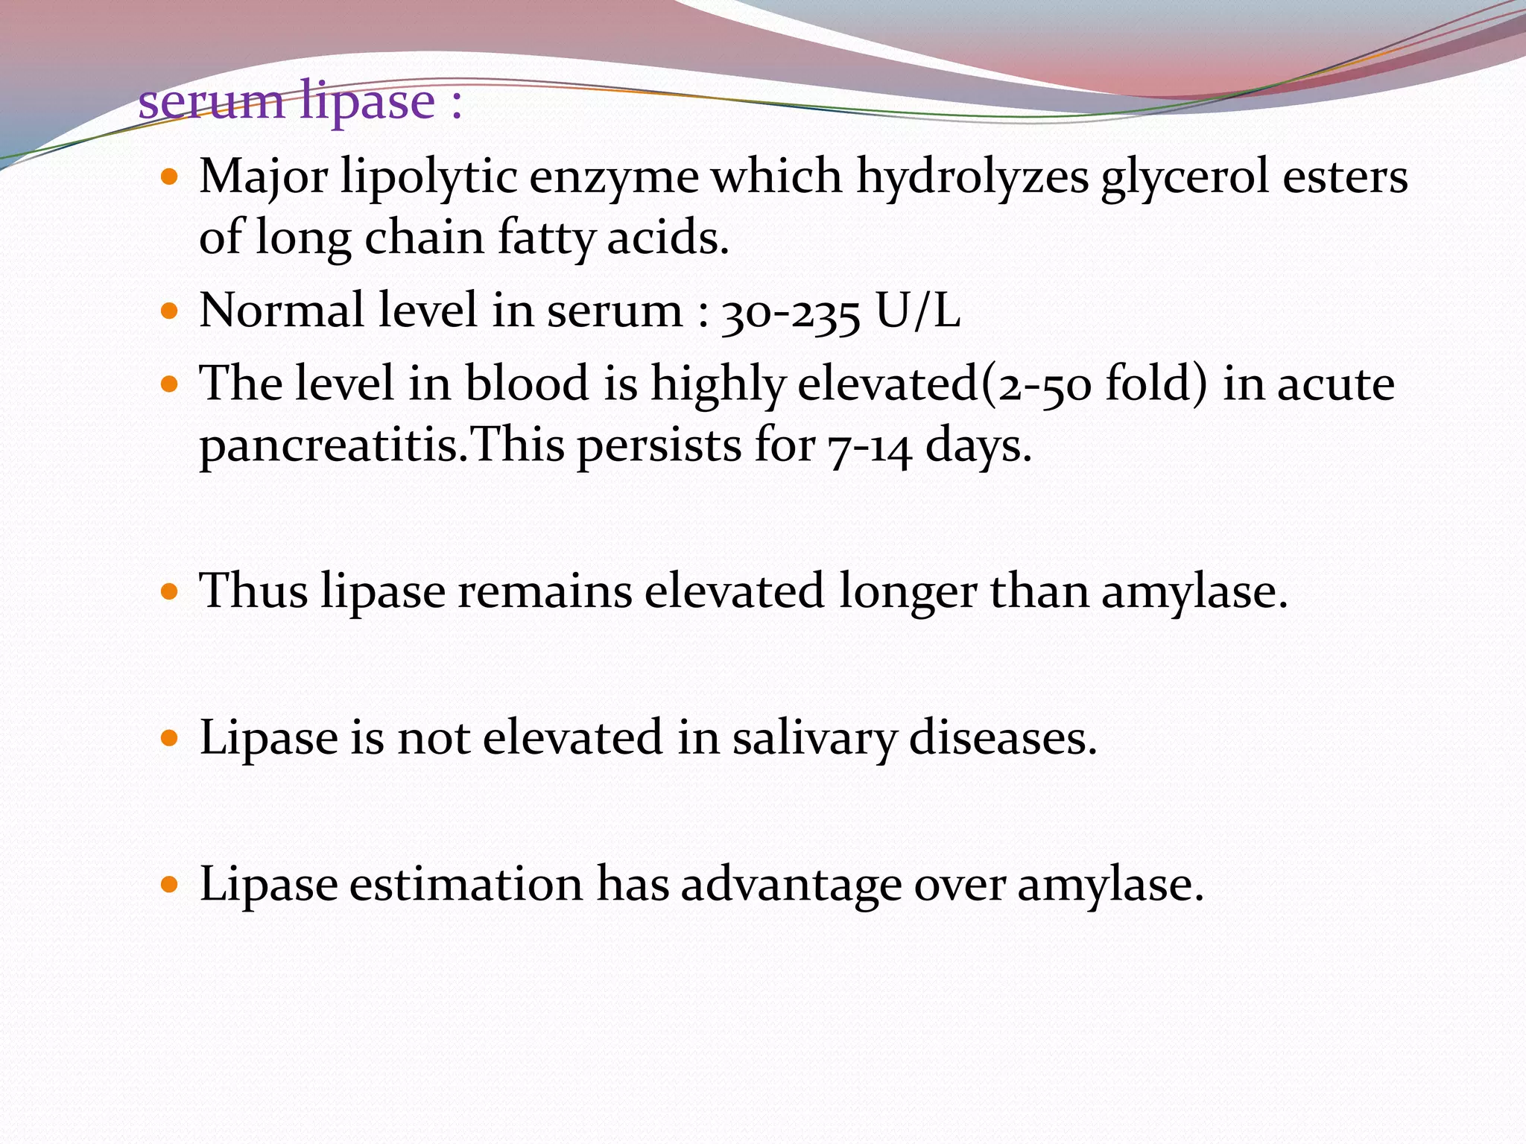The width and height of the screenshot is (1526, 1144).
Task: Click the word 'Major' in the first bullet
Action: (x=263, y=179)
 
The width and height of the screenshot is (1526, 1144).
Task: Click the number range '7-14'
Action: (x=869, y=447)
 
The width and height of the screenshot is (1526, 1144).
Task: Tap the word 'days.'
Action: (x=978, y=447)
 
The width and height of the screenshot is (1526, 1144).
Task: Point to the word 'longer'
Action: (x=907, y=592)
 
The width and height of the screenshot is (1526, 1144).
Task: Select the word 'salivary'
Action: (x=814, y=739)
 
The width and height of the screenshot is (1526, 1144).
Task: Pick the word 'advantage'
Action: (x=791, y=886)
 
